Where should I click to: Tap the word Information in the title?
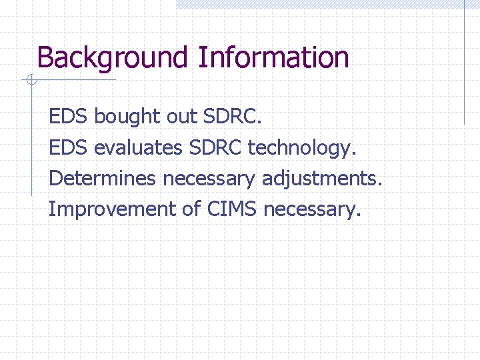273,58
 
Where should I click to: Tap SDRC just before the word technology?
216,147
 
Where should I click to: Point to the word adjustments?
322,178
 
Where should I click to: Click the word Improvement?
111,209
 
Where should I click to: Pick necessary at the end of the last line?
311,209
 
